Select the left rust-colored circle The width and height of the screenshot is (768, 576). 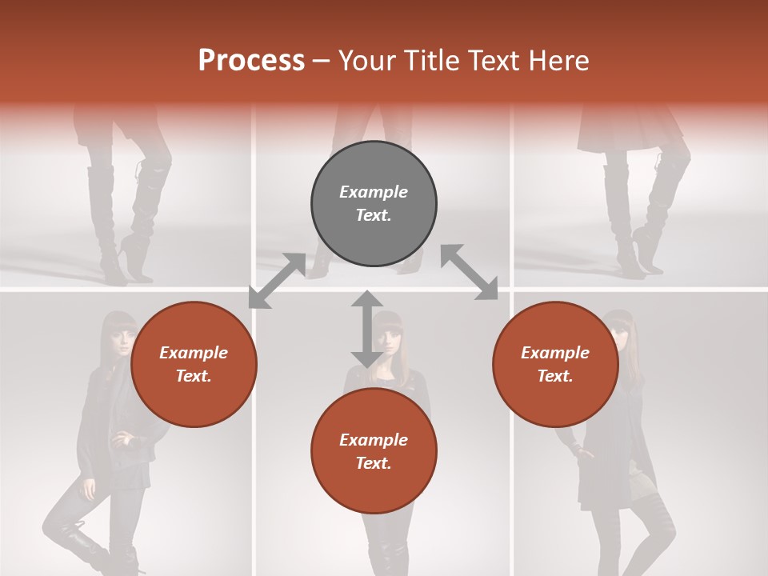(x=194, y=364)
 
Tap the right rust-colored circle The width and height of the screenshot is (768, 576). (x=555, y=364)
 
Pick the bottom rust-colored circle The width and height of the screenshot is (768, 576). (x=374, y=451)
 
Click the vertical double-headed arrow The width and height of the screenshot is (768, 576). (x=366, y=329)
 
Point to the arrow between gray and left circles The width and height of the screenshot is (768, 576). (x=277, y=280)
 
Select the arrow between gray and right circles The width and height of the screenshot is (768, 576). (x=470, y=273)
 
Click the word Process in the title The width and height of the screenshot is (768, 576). (x=251, y=60)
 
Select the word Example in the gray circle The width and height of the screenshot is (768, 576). (x=374, y=192)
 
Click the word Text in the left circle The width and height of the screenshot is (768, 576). (x=194, y=376)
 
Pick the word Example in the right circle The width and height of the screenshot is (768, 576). (x=555, y=353)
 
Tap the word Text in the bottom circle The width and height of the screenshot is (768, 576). (x=374, y=463)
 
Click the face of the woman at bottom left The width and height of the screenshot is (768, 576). (x=121, y=342)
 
